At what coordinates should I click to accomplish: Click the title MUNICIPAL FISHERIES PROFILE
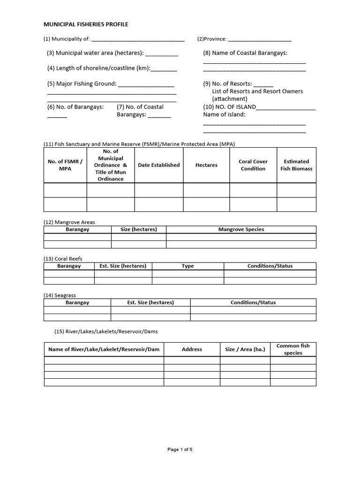86,24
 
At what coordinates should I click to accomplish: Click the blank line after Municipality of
138,40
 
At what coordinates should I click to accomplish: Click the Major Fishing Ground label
82,84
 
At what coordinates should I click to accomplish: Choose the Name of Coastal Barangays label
245,53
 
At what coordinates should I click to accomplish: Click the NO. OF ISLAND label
230,107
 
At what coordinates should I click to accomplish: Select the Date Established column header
159,165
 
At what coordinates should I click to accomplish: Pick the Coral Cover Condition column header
253,165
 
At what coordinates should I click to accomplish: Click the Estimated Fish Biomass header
296,165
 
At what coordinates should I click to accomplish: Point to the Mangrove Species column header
241,229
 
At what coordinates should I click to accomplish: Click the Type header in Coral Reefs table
187,266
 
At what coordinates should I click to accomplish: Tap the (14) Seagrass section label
60,295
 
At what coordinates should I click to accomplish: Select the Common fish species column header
293,349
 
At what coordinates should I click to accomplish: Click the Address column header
192,349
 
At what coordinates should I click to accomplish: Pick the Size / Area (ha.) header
245,349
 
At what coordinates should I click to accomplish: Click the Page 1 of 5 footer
180,450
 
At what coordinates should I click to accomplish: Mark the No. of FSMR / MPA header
65,165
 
